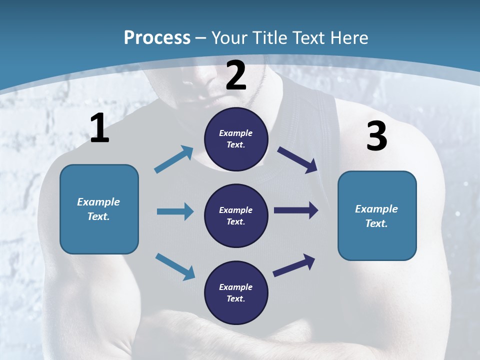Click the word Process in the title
tap(157, 38)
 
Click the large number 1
tap(99, 128)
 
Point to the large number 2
tap(236, 75)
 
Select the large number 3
tap(377, 136)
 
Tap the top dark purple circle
tap(236, 139)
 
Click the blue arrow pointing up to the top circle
tap(174, 159)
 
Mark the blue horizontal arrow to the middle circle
tap(175, 211)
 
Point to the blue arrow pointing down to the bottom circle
tap(175, 266)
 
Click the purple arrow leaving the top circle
tap(297, 160)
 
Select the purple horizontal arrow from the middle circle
tap(296, 210)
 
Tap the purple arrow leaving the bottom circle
tap(294, 265)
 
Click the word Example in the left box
tap(98, 202)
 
